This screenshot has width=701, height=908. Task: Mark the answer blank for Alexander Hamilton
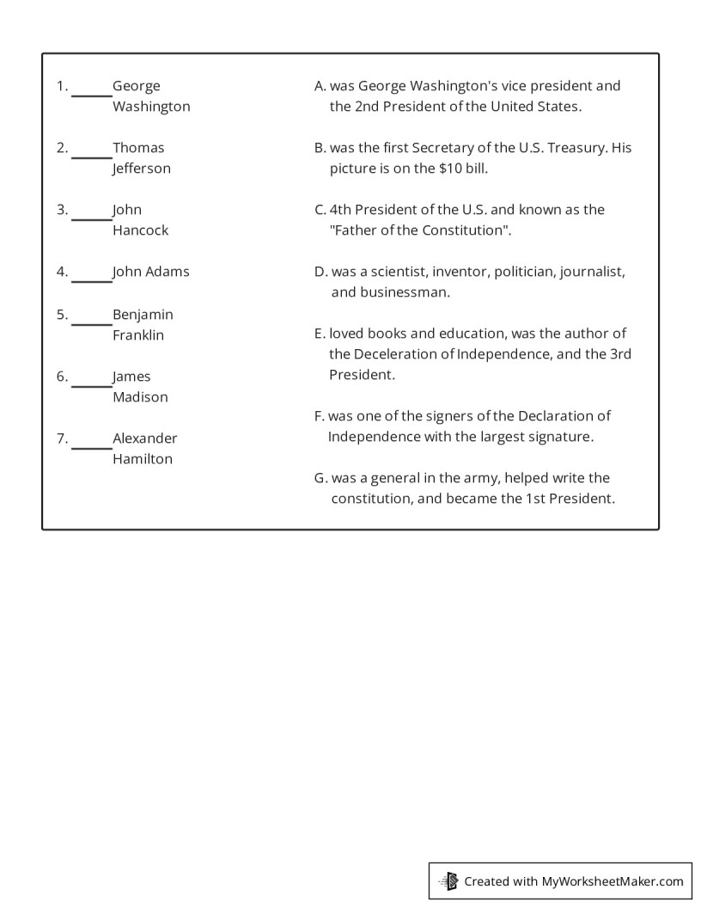(91, 445)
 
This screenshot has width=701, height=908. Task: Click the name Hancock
(140, 230)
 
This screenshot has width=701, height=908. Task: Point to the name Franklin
(137, 335)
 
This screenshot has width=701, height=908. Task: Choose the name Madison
(140, 397)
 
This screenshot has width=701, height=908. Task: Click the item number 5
(62, 315)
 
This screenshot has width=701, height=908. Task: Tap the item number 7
(62, 439)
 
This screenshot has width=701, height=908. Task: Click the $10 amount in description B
(452, 169)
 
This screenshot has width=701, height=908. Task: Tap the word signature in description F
(558, 437)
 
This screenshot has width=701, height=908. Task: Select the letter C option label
(320, 210)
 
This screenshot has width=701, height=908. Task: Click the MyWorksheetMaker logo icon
(448, 880)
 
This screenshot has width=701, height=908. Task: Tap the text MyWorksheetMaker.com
(613, 880)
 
